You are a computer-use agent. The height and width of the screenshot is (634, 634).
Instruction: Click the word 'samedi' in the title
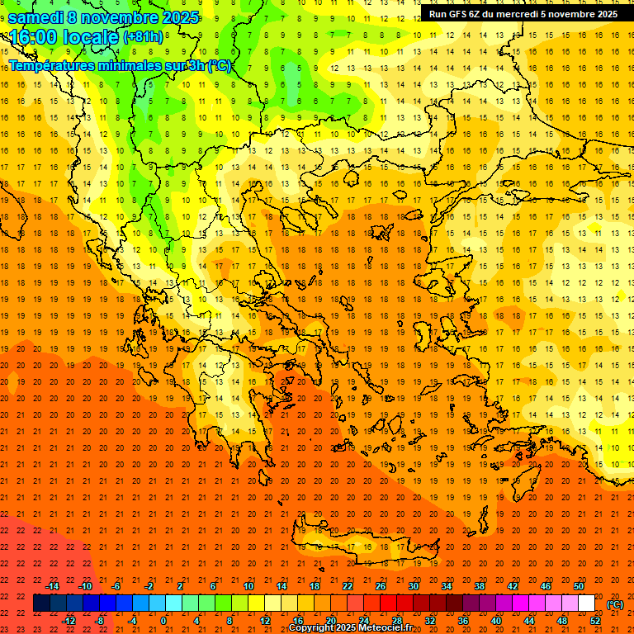click(35, 17)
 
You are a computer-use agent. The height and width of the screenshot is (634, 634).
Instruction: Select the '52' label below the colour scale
click(595, 621)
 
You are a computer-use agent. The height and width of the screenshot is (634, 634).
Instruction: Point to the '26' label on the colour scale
click(381, 586)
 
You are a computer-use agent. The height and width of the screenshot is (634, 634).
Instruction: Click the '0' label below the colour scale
click(163, 621)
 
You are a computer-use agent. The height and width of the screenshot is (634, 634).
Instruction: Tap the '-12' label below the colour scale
click(69, 621)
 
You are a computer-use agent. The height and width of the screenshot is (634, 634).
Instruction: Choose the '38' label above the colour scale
click(480, 586)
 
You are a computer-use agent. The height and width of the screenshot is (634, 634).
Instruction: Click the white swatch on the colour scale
click(586, 603)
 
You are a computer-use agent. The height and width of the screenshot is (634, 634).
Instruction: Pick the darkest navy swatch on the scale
click(41, 603)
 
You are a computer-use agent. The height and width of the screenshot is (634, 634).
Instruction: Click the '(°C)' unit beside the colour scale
click(615, 604)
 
